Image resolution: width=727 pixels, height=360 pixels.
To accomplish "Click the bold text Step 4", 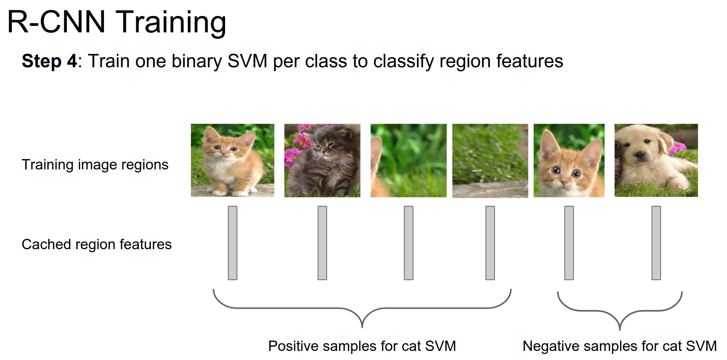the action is tap(49, 61).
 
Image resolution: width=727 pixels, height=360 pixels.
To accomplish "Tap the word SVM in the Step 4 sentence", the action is tap(248, 61).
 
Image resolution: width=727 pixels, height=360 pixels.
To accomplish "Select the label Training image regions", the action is tap(95, 165).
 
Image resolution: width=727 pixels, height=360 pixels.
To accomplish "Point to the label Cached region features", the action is tap(97, 244).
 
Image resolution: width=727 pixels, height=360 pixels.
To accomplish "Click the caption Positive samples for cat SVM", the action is tap(362, 346).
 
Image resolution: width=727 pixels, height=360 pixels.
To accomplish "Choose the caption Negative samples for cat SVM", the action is tap(620, 346).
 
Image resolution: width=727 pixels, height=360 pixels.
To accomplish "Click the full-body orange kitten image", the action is tap(232, 160).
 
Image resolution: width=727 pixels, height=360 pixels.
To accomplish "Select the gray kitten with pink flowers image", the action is tap(322, 160).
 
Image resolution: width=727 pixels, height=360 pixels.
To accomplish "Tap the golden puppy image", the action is tap(656, 160).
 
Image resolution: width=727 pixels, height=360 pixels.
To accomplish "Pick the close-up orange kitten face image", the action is tap(569, 160).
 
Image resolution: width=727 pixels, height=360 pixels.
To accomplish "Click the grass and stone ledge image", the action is tap(490, 161).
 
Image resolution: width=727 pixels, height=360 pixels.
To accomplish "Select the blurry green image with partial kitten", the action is tap(409, 160).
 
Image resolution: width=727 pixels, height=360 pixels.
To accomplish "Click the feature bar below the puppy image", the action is tap(656, 243).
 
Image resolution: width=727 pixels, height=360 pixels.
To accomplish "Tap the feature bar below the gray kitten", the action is tap(322, 243).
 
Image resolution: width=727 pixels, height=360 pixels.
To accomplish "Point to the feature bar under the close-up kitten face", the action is tap(569, 243).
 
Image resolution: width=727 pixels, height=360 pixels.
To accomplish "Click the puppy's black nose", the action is tap(640, 155).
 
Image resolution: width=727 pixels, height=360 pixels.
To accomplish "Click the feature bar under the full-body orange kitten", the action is tap(232, 243).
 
